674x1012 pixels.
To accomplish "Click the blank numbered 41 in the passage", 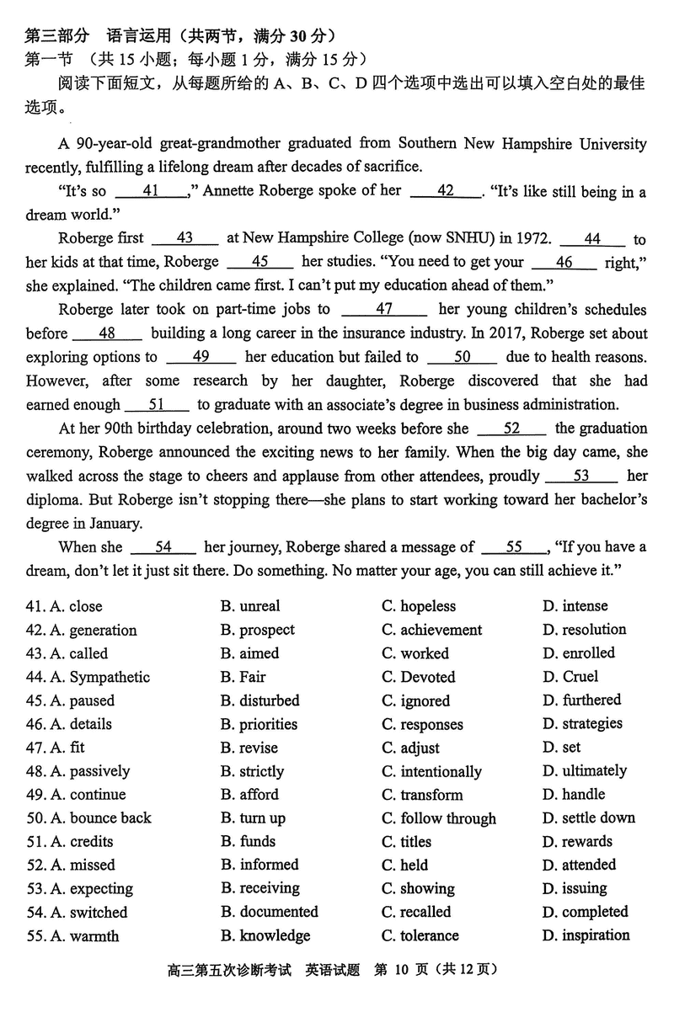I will [x=152, y=191].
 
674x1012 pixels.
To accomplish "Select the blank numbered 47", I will [x=384, y=310].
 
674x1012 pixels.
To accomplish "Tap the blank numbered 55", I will [x=514, y=547].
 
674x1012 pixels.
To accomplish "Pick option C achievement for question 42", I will [x=431, y=630].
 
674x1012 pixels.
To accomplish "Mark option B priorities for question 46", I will [x=259, y=724].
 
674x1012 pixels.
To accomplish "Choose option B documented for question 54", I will [x=269, y=912].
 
